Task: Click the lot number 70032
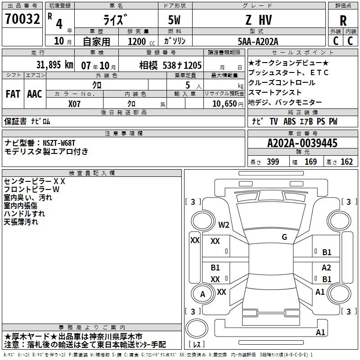coord(22,18)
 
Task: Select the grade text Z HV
coord(259,20)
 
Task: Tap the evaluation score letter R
coord(343,21)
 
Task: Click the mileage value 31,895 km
coord(54,65)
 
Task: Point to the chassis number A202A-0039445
coord(302,143)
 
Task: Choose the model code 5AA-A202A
coord(258,41)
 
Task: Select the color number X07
coord(74,104)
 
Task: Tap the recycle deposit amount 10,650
coord(225,104)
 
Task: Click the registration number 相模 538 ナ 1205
coord(171,65)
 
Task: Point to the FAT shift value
coord(13,94)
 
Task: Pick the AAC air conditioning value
coord(35,94)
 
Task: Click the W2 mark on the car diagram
coord(224,225)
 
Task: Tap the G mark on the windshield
coord(284,237)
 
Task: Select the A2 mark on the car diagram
coord(326,267)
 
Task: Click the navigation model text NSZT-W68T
coord(59,143)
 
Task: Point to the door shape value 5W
coord(174,20)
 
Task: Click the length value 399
coord(273,162)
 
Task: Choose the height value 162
coord(346,162)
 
